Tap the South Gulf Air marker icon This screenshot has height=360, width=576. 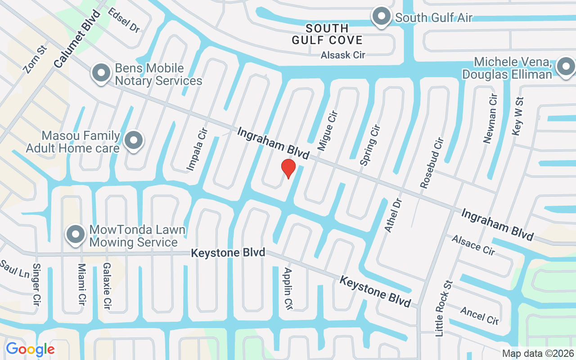tap(382, 17)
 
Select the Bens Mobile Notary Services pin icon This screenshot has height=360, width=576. tap(101, 73)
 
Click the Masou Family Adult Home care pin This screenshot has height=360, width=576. tap(134, 141)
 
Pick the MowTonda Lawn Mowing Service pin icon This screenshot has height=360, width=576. tap(76, 234)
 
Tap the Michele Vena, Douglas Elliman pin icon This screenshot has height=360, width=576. tap(565, 67)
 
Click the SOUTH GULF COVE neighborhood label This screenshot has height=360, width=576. tap(327, 34)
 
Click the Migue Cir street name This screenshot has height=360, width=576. tap(328, 130)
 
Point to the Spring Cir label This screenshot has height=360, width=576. tap(370, 145)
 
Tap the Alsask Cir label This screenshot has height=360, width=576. tap(343, 55)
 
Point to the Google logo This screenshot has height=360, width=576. tap(30, 349)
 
